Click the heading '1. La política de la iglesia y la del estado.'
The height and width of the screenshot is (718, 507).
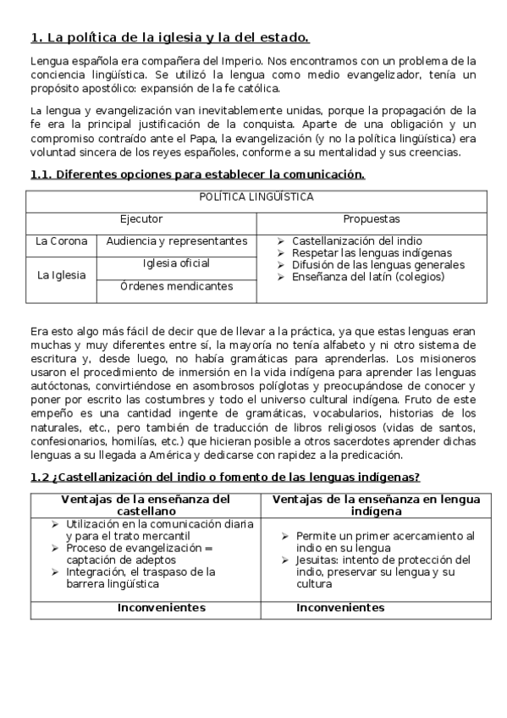click(x=169, y=37)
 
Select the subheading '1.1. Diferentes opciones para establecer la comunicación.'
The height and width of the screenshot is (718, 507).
click(x=197, y=174)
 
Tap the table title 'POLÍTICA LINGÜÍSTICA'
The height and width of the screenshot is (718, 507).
click(x=256, y=197)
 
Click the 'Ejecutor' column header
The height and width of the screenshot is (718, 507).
click(x=141, y=219)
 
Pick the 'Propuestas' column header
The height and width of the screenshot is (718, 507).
click(x=372, y=219)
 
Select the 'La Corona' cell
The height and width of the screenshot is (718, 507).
click(x=61, y=241)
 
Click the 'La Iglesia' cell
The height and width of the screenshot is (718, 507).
click(x=61, y=275)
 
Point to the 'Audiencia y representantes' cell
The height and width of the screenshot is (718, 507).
click(x=176, y=241)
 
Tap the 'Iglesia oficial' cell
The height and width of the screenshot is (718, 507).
click(x=176, y=263)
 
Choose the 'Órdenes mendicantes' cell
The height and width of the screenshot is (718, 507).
click(x=176, y=286)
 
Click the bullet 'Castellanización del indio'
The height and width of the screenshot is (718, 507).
click(x=356, y=241)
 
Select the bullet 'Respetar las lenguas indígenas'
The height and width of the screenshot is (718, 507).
click(x=372, y=253)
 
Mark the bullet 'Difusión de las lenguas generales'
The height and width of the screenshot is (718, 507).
click(x=377, y=264)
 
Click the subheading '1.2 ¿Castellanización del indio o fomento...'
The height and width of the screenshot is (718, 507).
click(x=225, y=478)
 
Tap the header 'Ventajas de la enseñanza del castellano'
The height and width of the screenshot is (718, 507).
click(x=146, y=505)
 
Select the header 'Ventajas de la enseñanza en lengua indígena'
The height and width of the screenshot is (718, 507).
click(x=376, y=505)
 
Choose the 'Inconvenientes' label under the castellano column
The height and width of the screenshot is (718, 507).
click(x=161, y=608)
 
